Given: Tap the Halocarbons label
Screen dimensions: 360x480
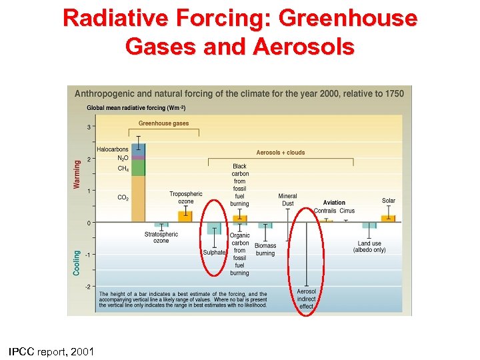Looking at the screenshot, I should pyautogui.click(x=113, y=149).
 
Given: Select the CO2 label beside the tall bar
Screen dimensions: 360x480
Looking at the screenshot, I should pyautogui.click(x=123, y=197).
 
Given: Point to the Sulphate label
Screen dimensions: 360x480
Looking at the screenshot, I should pyautogui.click(x=215, y=253).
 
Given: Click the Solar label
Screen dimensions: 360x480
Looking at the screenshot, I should pyautogui.click(x=388, y=201).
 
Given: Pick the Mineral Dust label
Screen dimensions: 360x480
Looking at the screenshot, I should pyautogui.click(x=287, y=199).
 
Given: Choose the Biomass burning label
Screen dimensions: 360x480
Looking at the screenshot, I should pyautogui.click(x=265, y=249).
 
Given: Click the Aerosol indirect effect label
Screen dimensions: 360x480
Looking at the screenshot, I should pyautogui.click(x=307, y=299).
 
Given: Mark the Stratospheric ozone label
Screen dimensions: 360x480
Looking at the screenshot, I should pyautogui.click(x=161, y=237).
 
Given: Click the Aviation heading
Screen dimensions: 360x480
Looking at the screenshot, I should pyautogui.click(x=334, y=203).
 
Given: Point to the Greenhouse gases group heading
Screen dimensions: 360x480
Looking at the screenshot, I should pyautogui.click(x=163, y=123).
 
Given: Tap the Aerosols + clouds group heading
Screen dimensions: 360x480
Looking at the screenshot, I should pyautogui.click(x=281, y=153).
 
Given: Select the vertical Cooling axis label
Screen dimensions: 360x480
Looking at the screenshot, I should pyautogui.click(x=77, y=263).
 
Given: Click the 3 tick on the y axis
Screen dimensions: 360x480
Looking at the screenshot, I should pyautogui.click(x=89, y=127).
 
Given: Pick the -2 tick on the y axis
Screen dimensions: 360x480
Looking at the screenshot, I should pyautogui.click(x=88, y=287).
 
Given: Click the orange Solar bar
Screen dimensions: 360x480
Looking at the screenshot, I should pyautogui.click(x=388, y=218).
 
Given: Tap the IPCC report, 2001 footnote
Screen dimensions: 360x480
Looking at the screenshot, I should pyautogui.click(x=51, y=351).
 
